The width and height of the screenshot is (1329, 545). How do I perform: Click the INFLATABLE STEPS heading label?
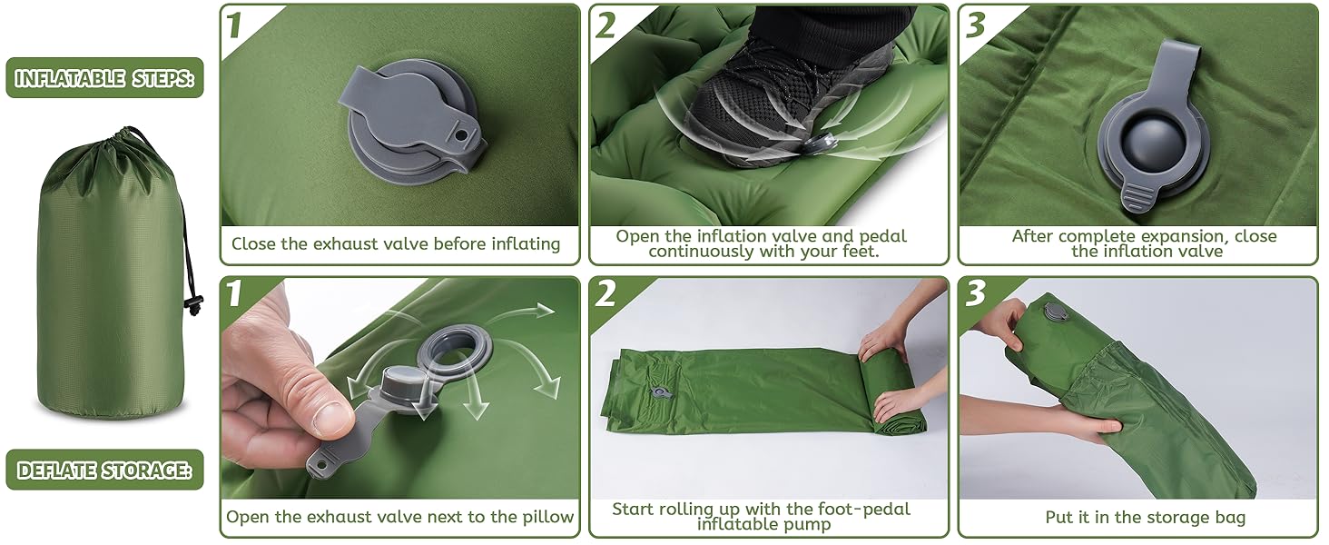pyautogui.click(x=104, y=78)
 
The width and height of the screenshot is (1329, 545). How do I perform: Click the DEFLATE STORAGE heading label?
pyautogui.click(x=104, y=470)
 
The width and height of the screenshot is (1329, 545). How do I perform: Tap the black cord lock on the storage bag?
pyautogui.click(x=192, y=302)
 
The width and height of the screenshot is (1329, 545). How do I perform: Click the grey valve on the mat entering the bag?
pyautogui.click(x=1054, y=312)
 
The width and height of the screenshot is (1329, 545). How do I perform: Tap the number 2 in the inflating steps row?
pyautogui.click(x=605, y=26)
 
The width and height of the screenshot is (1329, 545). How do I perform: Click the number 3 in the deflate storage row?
pyautogui.click(x=975, y=292)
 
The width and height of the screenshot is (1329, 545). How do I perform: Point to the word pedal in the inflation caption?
pyautogui.click(x=883, y=236)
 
